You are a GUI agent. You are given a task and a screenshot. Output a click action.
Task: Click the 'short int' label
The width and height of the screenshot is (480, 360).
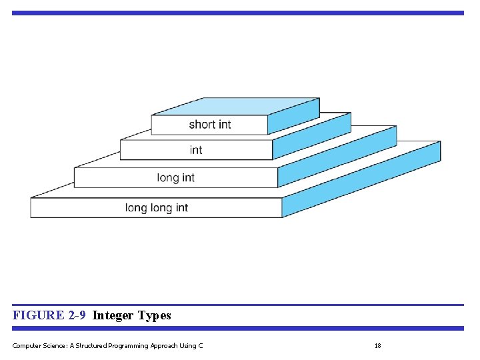210,125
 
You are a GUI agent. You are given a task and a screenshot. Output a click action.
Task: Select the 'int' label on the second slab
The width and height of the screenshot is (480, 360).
195,150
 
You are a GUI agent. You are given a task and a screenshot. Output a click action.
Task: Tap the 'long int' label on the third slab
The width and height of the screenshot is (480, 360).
176,177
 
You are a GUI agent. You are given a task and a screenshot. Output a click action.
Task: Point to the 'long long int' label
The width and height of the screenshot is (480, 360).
157,208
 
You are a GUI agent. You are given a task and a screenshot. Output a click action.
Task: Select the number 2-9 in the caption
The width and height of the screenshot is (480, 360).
77,315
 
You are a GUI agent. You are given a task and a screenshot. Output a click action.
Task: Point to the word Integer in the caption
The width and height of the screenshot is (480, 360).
113,315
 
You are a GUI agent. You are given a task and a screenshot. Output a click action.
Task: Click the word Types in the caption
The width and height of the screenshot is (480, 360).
155,315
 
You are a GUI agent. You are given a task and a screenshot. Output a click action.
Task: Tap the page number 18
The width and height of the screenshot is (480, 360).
377,345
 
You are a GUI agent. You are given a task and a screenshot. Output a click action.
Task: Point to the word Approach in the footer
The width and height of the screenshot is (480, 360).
161,345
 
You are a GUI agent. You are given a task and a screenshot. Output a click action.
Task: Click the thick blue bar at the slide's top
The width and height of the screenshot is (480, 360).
237,13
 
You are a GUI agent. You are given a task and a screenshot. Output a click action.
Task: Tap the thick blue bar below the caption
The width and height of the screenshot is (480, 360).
237,328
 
